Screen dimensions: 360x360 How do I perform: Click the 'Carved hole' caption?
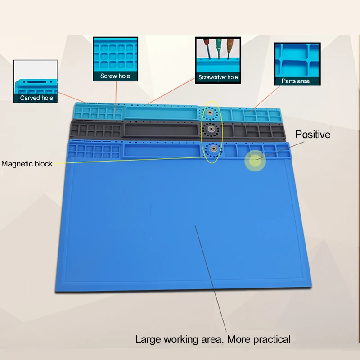(36, 98)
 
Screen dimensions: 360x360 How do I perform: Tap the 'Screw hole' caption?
(115, 76)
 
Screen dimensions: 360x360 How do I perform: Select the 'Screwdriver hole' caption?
(218, 77)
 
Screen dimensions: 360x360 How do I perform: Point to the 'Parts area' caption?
(296, 81)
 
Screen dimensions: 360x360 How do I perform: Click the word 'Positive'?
(313, 135)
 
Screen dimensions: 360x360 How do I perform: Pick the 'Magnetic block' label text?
(27, 164)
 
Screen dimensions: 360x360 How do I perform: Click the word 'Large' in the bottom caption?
(149, 339)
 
